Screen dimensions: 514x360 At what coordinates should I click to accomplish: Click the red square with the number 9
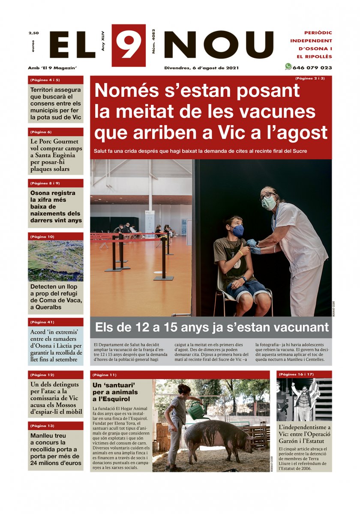click(129, 45)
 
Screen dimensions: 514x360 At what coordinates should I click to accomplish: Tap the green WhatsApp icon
click(288, 67)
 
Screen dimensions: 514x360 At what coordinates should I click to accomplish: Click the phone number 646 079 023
click(312, 68)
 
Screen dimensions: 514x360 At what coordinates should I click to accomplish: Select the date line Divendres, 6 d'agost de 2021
click(201, 68)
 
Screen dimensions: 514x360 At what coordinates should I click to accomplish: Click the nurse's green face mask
click(269, 203)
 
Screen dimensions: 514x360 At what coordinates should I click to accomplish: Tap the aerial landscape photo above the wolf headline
click(56, 260)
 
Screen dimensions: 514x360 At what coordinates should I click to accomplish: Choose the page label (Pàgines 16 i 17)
click(296, 374)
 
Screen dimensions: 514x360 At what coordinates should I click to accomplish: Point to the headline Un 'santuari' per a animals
click(116, 392)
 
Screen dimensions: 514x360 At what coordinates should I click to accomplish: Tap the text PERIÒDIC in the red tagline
click(318, 33)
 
